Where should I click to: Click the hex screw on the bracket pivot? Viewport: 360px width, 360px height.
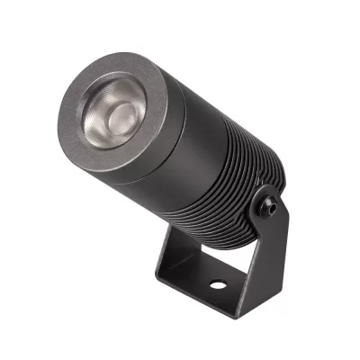tap(269, 206)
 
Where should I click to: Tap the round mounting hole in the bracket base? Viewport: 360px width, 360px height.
tap(217, 285)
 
